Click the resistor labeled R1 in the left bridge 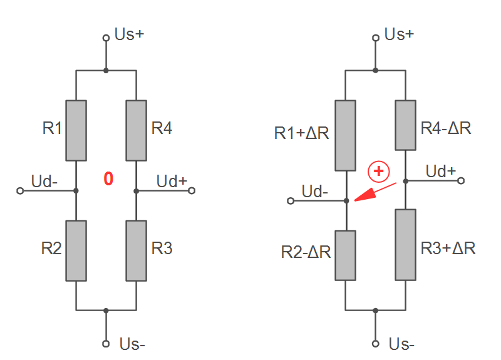pyautogui.click(x=76, y=130)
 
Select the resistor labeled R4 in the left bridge pyautogui.click(x=136, y=130)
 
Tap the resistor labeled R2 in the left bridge pyautogui.click(x=76, y=250)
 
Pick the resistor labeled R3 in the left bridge pyautogui.click(x=136, y=250)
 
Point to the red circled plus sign pyautogui.click(x=379, y=170)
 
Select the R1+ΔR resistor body pyautogui.click(x=346, y=135)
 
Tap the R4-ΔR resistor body pyautogui.click(x=406, y=125)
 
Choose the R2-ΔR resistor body pyautogui.click(x=346, y=255)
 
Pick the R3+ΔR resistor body pyautogui.click(x=406, y=244)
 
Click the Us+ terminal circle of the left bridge pyautogui.click(x=106, y=38)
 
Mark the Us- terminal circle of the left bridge pyautogui.click(x=106, y=343)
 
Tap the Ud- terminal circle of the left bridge pyautogui.click(x=20, y=190)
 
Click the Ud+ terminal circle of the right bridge pyautogui.click(x=462, y=181)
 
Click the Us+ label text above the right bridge pyautogui.click(x=400, y=34)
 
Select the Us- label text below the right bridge pyautogui.click(x=402, y=344)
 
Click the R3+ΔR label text pyautogui.click(x=448, y=248)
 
